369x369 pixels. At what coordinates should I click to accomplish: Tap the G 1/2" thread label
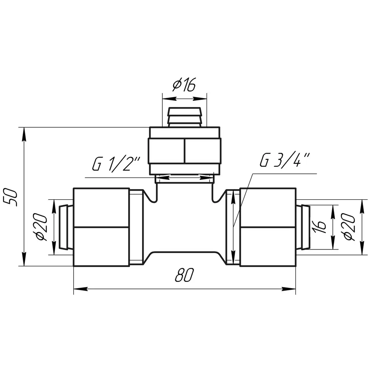click(x=116, y=164)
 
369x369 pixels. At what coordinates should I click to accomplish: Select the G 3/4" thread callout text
click(x=285, y=160)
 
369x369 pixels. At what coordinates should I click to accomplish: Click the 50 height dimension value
click(x=10, y=197)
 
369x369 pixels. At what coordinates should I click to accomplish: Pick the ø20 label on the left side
click(x=42, y=227)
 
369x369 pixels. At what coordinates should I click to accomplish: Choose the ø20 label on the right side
click(x=349, y=227)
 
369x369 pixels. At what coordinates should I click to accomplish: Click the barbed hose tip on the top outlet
click(x=184, y=117)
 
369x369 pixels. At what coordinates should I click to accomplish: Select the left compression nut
click(x=101, y=227)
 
